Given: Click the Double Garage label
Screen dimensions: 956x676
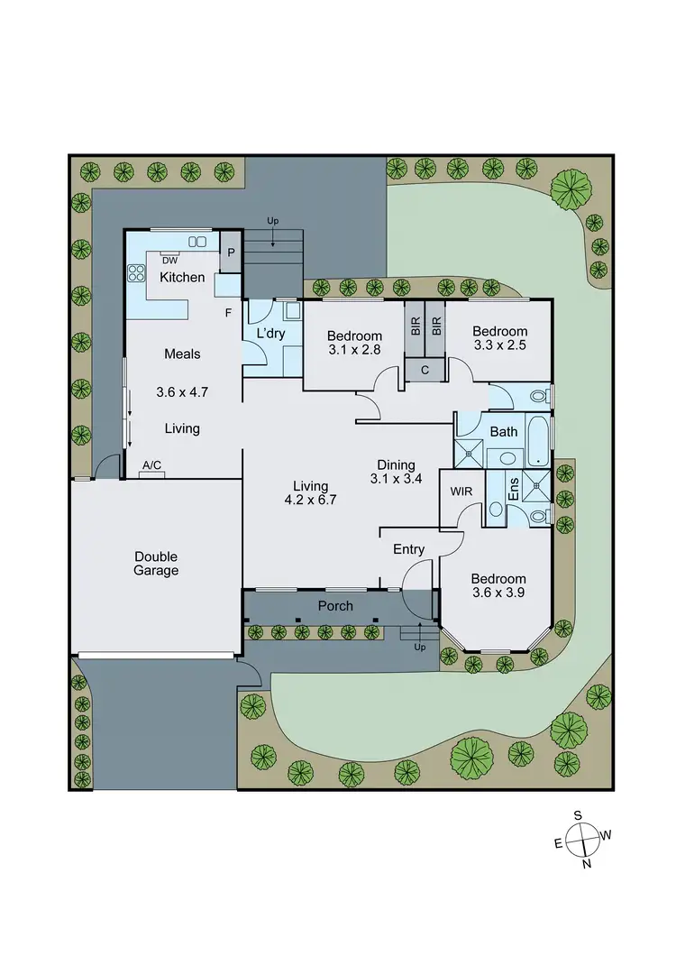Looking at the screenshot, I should [x=157, y=564].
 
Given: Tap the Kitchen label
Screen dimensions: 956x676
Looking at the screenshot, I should [x=182, y=277].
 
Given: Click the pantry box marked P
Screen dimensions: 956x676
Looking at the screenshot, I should [x=231, y=253].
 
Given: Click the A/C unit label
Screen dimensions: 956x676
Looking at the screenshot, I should [x=151, y=465].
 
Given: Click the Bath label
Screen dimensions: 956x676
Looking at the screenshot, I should [x=504, y=431].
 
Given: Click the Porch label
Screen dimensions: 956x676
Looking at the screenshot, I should [x=335, y=606].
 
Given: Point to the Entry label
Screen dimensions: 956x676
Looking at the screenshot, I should [x=408, y=549].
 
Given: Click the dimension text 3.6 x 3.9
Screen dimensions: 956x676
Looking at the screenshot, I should [x=498, y=593].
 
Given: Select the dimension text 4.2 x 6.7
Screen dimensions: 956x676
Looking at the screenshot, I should [x=310, y=501].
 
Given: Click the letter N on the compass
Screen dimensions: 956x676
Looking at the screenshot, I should [x=587, y=864].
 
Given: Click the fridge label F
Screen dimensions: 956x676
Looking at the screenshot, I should [x=229, y=312].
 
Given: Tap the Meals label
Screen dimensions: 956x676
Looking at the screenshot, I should [x=182, y=354].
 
